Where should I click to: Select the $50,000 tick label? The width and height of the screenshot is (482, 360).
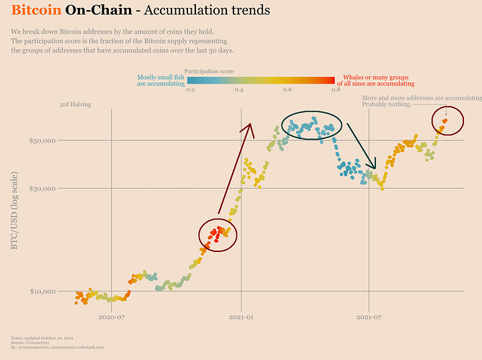coord(43,140)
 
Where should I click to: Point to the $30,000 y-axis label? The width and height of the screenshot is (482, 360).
coord(43,189)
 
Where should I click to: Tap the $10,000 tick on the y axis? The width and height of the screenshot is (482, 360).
coord(43,292)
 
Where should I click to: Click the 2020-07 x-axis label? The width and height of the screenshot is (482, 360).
coord(112,316)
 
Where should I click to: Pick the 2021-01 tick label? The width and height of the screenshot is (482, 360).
coord(241,316)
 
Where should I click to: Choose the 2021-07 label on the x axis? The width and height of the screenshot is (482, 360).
coord(368,316)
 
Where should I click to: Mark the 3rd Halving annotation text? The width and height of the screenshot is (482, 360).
coord(75,105)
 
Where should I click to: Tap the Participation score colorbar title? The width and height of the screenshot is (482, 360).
coord(210,72)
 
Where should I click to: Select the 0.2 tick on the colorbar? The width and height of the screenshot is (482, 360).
coord(190,89)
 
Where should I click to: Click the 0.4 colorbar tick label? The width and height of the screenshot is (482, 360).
coord(238,89)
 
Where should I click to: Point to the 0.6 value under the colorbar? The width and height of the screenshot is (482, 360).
coord(287,89)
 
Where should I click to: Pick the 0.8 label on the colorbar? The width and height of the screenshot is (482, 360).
coord(336,89)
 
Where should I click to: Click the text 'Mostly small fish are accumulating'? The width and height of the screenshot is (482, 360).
coord(161,80)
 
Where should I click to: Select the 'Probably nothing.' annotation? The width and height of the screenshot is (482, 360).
coord(387,104)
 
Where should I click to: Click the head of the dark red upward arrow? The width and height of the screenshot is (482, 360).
coord(250,126)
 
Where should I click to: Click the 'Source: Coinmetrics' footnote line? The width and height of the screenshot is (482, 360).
coord(28,343)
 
